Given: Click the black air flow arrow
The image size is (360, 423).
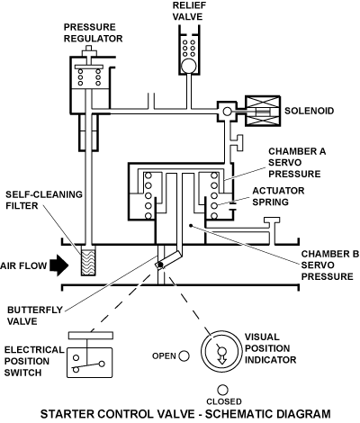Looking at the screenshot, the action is click(x=59, y=265).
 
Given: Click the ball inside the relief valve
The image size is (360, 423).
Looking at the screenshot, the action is click(x=189, y=66).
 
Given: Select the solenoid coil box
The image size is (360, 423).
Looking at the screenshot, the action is click(x=263, y=111).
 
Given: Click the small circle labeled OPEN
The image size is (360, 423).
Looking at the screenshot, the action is click(x=184, y=356).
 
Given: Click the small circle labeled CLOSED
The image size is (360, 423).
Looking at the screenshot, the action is click(x=222, y=390).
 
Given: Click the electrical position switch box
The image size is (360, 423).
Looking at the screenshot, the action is click(x=90, y=363).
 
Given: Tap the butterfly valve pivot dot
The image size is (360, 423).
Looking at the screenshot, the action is click(x=160, y=265).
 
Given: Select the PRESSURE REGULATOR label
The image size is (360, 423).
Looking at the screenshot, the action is click(x=94, y=32).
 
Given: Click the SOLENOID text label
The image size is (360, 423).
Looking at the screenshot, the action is click(x=309, y=111).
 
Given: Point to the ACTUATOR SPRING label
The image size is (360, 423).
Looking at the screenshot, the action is click(x=278, y=196).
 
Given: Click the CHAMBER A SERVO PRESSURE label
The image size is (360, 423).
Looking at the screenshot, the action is click(x=297, y=163).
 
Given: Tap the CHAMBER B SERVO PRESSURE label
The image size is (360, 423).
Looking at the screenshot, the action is click(x=330, y=265).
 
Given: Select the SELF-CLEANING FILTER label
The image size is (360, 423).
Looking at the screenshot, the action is click(x=44, y=200).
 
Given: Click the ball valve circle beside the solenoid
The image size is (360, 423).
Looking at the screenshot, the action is click(x=228, y=112).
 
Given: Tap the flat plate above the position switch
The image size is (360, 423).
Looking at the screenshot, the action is click(x=91, y=336).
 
